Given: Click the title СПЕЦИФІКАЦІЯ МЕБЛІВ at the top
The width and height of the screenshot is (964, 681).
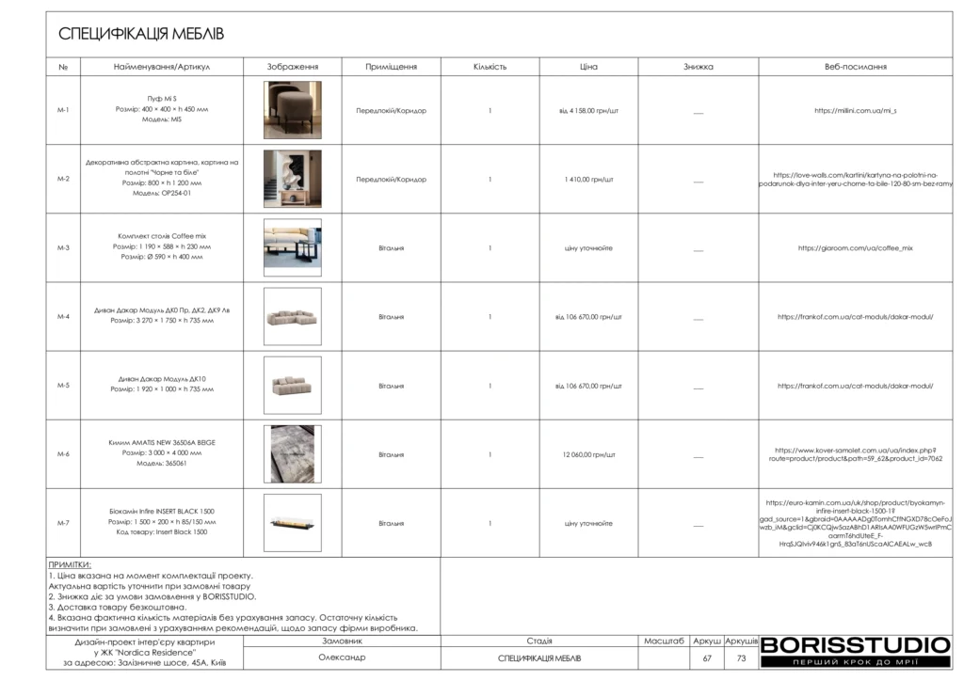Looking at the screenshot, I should [141, 35].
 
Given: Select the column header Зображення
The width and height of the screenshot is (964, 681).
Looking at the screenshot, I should [292, 67].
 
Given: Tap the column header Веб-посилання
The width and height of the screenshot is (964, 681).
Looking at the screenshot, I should [855, 67].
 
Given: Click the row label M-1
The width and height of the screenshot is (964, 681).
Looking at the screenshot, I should [63, 110].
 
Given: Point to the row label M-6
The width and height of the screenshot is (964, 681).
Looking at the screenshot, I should [63, 454].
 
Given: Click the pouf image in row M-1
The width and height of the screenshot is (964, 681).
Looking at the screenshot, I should [292, 110].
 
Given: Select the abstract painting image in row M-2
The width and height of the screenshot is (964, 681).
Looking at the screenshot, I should [292, 179].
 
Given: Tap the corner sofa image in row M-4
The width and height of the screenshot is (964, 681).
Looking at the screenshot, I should [292, 316].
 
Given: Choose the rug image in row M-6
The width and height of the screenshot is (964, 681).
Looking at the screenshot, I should [292, 454].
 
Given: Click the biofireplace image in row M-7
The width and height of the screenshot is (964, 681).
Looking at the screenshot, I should [292, 523].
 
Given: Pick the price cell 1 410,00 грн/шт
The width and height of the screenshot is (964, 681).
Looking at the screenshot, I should [588, 179].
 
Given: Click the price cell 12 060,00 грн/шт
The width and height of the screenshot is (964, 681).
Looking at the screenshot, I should [588, 454].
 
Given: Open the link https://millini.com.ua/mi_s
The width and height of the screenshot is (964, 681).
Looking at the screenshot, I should [855, 110].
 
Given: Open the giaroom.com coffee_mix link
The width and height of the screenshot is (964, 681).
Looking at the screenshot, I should [855, 248].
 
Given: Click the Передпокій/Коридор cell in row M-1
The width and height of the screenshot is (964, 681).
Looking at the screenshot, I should [391, 110].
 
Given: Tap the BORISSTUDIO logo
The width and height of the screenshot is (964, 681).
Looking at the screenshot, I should [855, 645].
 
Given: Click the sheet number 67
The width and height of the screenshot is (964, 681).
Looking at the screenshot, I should [707, 658].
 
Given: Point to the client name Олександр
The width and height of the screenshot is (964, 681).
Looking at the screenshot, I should [342, 657].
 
